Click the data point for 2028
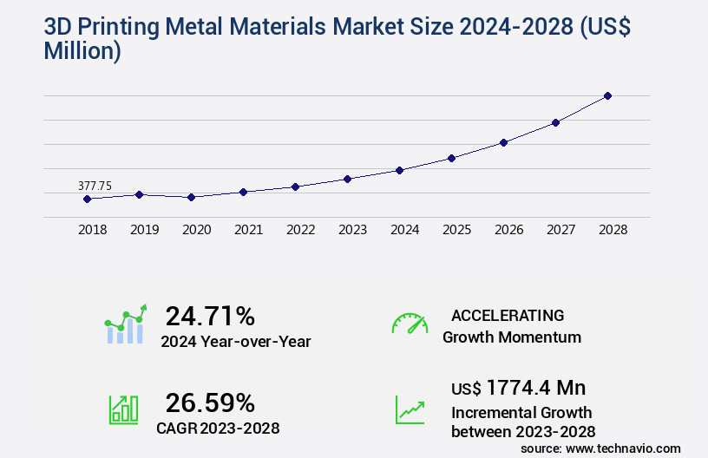pyautogui.click(x=607, y=95)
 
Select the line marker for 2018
pyautogui.click(x=87, y=199)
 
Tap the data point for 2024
pyautogui.click(x=399, y=170)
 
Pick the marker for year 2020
pyautogui.click(x=191, y=197)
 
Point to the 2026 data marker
pyautogui.click(x=503, y=142)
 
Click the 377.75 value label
pyautogui.click(x=95, y=186)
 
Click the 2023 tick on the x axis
pyautogui.click(x=352, y=230)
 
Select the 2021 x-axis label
pyautogui.click(x=248, y=230)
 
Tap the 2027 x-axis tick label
pyautogui.click(x=560, y=230)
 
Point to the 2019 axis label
pyautogui.click(x=144, y=230)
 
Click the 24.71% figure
pyautogui.click(x=210, y=316)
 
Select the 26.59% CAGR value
pyautogui.click(x=210, y=402)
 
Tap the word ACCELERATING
pyautogui.click(x=507, y=316)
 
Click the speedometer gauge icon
pyautogui.click(x=410, y=324)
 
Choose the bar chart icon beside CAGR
pyautogui.click(x=123, y=409)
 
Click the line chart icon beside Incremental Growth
pyautogui.click(x=410, y=409)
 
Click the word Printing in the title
pyautogui.click(x=125, y=27)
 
